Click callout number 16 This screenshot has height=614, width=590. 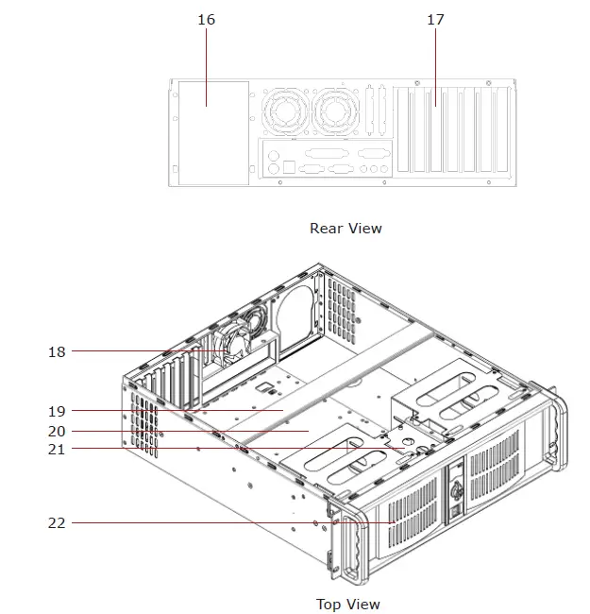pos(207,20)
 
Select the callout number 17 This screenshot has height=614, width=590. pos(435,20)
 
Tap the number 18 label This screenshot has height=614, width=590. pos(58,351)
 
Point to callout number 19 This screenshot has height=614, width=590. pos(58,411)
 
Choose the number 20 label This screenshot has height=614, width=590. pos(58,431)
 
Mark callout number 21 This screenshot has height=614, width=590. pos(58,449)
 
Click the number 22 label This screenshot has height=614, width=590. pos(58,521)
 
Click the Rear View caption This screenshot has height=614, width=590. pos(346,228)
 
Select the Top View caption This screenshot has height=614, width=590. pos(347,604)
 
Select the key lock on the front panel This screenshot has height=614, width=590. pos(454,491)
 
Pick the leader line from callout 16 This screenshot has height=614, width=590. pos(207,57)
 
